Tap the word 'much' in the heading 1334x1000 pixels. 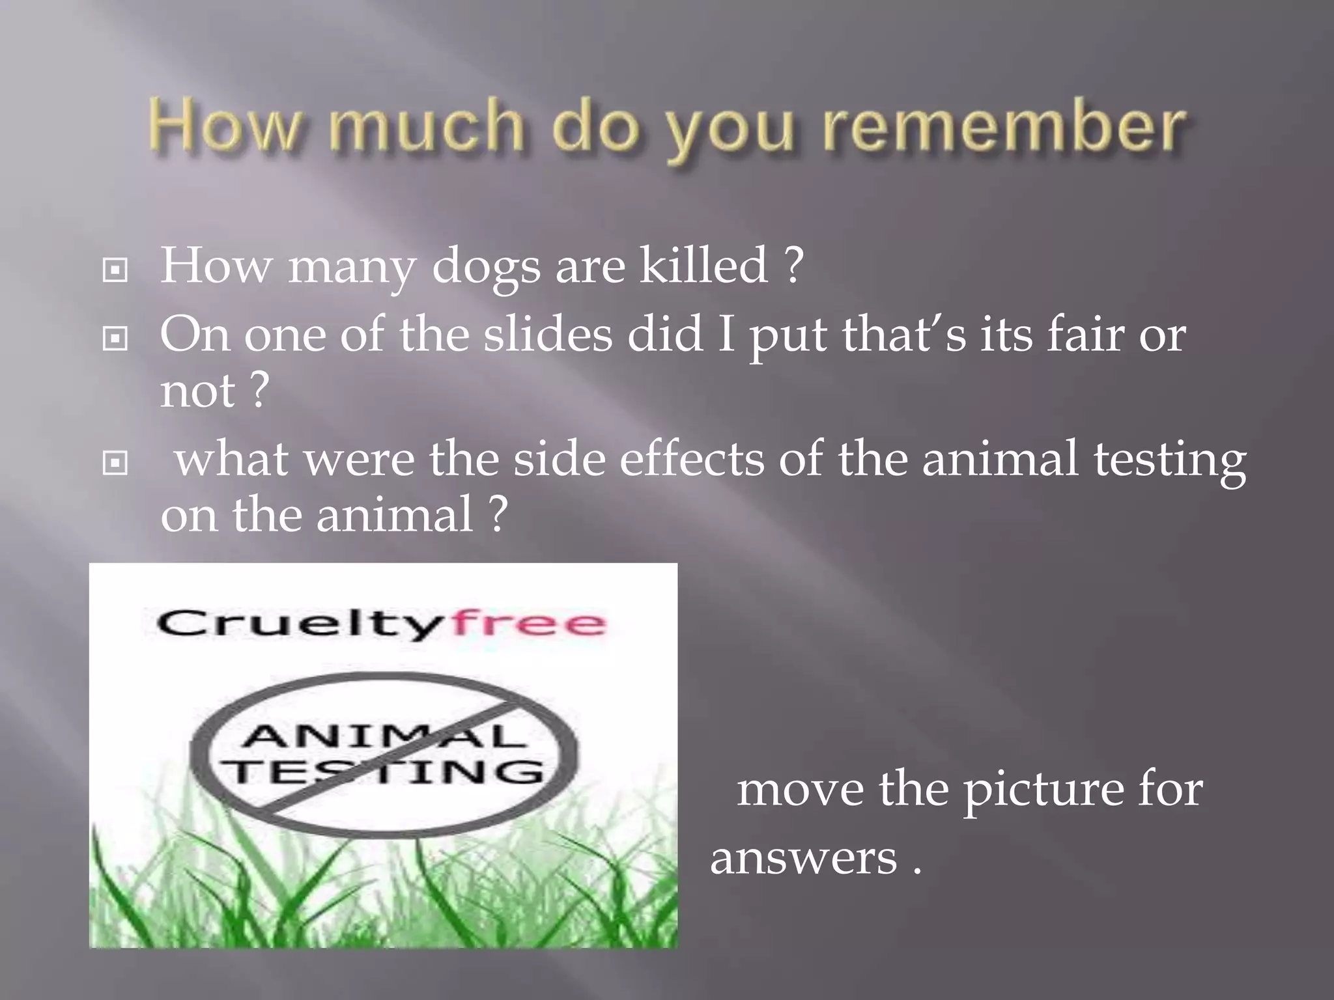click(426, 125)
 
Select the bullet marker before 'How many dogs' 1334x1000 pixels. click(115, 270)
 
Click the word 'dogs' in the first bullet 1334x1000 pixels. click(486, 267)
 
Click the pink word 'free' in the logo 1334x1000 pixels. click(529, 623)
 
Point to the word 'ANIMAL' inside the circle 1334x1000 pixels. click(384, 736)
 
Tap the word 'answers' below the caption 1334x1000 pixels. click(803, 858)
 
